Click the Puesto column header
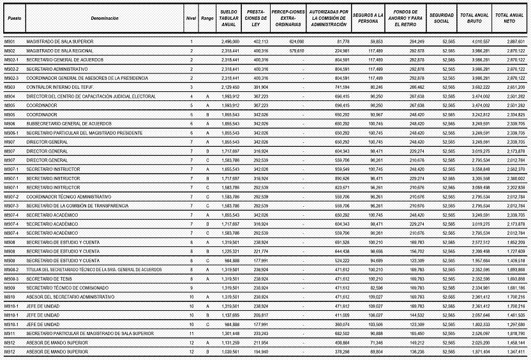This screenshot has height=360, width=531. (13, 19)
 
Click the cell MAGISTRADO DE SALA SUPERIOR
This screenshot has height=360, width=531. (59, 41)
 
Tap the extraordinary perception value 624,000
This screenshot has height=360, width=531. (296, 41)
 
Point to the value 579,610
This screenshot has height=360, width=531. (296, 50)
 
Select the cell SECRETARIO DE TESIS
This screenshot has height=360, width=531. (48, 279)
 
